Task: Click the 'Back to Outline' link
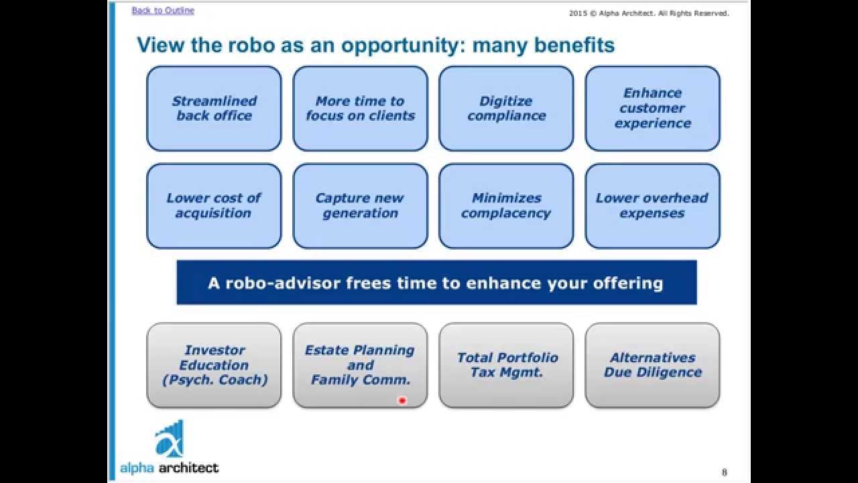(163, 10)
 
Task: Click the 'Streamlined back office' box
(214, 109)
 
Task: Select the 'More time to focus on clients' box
(360, 109)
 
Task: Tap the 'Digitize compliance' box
(506, 109)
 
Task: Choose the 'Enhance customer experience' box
(652, 109)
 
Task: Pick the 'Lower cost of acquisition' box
(214, 206)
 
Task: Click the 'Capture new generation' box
(360, 206)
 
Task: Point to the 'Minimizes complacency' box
(506, 206)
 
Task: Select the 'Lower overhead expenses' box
(652, 206)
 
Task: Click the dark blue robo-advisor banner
(436, 282)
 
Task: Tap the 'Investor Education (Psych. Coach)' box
(214, 365)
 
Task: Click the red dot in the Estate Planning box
(402, 400)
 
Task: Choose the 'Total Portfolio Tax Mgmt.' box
(506, 365)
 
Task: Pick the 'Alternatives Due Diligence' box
(652, 365)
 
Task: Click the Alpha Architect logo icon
(170, 439)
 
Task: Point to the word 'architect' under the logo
(188, 468)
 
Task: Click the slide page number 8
(725, 472)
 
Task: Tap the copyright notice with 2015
(649, 13)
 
